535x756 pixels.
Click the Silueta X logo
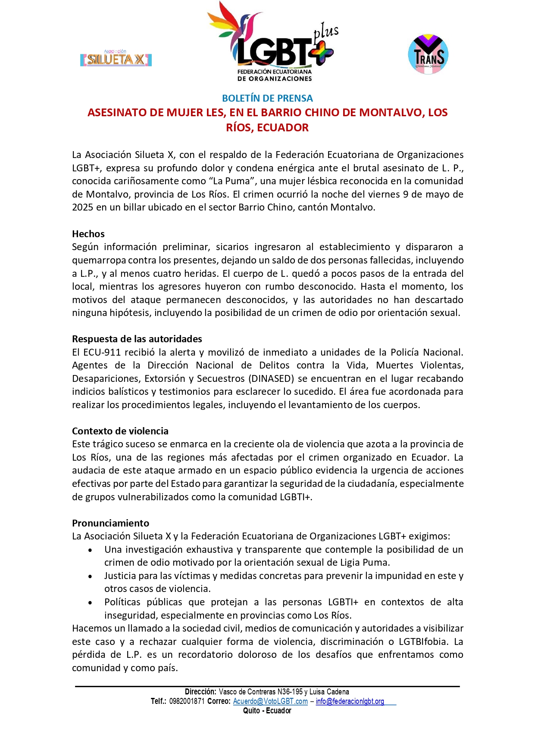[116, 59]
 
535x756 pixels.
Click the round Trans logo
[428, 55]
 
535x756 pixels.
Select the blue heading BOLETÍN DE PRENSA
[267, 98]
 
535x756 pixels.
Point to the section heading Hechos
[88, 234]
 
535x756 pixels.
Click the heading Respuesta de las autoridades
[137, 339]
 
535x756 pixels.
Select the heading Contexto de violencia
[120, 431]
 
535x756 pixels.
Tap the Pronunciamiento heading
[111, 523]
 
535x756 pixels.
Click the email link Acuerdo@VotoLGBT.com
[270, 701]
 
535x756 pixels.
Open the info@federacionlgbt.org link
[350, 701]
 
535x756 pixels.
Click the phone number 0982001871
[187, 701]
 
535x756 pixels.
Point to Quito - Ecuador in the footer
[267, 711]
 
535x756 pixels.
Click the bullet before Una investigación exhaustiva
[90, 550]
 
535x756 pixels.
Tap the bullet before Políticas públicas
[90, 602]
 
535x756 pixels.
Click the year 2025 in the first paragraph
[83, 207]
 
